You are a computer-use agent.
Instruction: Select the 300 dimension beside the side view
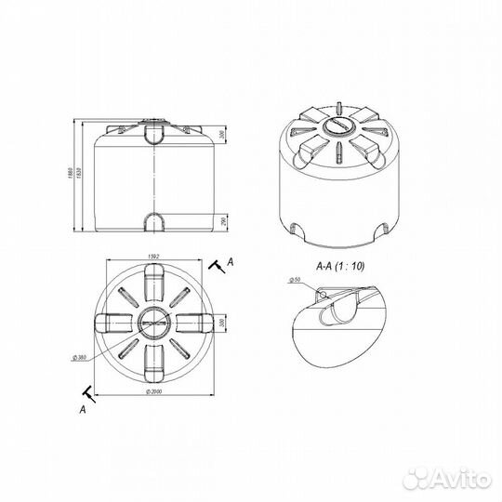pos(223,136)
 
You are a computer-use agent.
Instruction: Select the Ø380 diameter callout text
pos(81,356)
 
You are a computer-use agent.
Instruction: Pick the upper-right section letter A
pos(229,263)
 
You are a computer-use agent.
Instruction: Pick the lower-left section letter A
pos(84,407)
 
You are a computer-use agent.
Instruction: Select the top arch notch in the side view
pos(154,136)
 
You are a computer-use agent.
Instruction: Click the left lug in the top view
pos(111,322)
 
